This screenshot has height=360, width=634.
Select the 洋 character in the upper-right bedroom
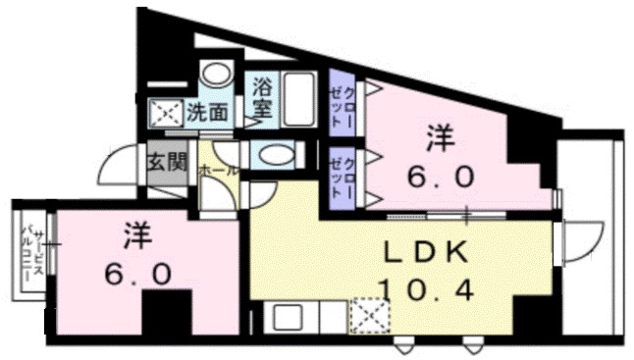(441, 138)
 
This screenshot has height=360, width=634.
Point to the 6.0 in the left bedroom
(138, 271)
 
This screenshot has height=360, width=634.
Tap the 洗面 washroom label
(208, 112)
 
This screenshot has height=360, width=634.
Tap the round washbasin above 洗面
(214, 76)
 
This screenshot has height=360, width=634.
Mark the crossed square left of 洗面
(167, 113)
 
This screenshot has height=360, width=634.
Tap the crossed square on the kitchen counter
(371, 317)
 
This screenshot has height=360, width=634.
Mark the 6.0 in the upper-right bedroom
(442, 178)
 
